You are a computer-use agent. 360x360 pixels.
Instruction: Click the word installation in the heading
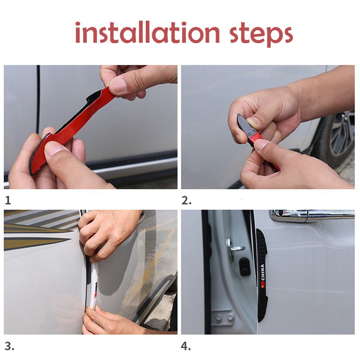pyautogui.click(x=148, y=32)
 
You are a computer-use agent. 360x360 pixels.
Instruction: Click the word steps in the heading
pyautogui.click(x=261, y=35)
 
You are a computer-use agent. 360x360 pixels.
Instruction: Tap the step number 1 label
pyautogui.click(x=8, y=200)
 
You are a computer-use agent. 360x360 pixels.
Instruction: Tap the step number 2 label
pyautogui.click(x=186, y=200)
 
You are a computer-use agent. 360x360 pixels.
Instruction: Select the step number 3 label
pyautogui.click(x=9, y=346)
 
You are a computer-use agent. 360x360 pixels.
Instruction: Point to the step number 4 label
pyautogui.click(x=186, y=346)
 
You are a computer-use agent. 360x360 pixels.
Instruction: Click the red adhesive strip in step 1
pyautogui.click(x=71, y=129)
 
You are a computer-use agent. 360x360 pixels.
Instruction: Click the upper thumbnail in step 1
pyautogui.click(x=118, y=86)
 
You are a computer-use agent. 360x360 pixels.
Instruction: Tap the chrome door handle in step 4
pyautogui.click(x=312, y=216)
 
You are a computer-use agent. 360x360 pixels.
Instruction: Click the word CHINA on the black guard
pyautogui.click(x=263, y=272)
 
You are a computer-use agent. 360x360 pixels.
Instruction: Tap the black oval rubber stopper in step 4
pyautogui.click(x=244, y=267)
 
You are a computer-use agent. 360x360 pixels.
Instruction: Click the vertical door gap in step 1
pyautogui.click(x=38, y=99)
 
